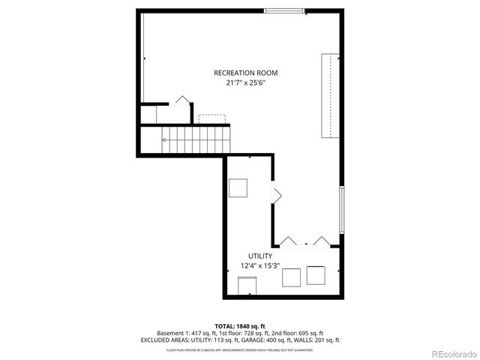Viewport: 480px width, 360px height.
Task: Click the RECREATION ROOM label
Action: tap(245, 73)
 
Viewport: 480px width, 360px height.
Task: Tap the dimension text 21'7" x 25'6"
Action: tap(245, 83)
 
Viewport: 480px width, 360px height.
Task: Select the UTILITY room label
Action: tap(250, 256)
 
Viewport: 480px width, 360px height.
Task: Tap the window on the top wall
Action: tap(279, 10)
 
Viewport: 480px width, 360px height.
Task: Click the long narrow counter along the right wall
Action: tap(328, 96)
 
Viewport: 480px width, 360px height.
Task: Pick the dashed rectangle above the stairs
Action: tap(211, 118)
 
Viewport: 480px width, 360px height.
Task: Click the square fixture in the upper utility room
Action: tap(239, 188)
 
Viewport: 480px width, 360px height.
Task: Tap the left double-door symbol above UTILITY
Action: tap(289, 241)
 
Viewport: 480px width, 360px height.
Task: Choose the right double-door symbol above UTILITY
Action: tap(322, 241)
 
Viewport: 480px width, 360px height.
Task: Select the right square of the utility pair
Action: tap(316, 275)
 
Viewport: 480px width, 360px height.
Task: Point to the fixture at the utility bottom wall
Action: tap(246, 286)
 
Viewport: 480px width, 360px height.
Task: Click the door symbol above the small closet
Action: tap(181, 100)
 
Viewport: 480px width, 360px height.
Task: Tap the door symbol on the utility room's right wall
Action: tap(276, 196)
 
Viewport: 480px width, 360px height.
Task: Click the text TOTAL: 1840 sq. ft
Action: tap(240, 326)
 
